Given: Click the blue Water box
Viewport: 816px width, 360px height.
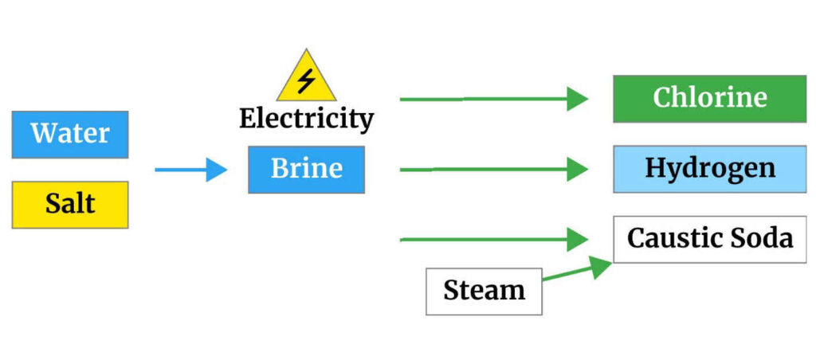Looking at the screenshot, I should click(x=70, y=134).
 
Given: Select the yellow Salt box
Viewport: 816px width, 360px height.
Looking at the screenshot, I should click(x=70, y=205).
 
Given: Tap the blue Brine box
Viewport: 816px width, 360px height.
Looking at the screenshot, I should click(x=306, y=169).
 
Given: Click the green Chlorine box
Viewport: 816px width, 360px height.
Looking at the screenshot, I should click(x=709, y=99).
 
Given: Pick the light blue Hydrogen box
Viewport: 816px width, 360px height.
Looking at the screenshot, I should click(x=709, y=169).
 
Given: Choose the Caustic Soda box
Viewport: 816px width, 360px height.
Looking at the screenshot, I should click(x=709, y=239).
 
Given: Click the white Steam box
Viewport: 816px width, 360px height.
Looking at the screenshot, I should click(x=484, y=291).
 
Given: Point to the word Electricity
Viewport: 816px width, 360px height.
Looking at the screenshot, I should click(x=306, y=119).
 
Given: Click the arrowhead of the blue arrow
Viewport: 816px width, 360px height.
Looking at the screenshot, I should click(x=217, y=170).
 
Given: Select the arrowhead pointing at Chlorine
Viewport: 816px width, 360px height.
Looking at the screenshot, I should click(x=578, y=99).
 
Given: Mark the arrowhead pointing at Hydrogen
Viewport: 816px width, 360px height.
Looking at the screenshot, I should click(x=578, y=169).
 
